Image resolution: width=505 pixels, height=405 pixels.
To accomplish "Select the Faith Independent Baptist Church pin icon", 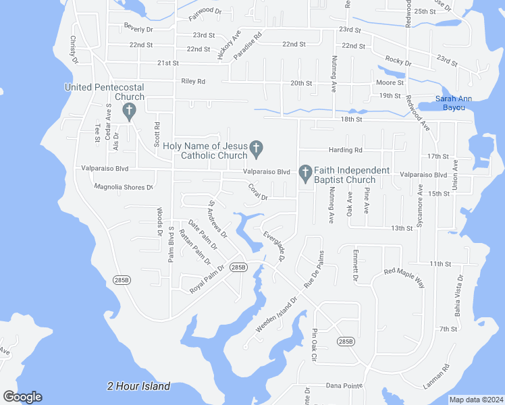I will click(x=304, y=173).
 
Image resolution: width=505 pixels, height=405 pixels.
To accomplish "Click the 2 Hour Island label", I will click(x=138, y=386).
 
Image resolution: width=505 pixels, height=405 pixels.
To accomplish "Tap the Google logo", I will click(x=22, y=397).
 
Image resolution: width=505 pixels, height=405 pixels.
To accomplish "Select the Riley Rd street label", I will click(x=193, y=81).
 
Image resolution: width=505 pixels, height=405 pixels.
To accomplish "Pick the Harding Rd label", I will click(x=346, y=150).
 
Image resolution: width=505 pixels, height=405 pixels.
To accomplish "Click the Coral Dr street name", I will click(x=258, y=192).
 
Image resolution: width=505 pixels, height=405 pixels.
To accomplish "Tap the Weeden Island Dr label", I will click(x=277, y=314).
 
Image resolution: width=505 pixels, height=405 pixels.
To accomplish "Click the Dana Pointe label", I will click(x=344, y=385).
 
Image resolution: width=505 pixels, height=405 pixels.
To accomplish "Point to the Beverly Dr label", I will click(x=138, y=29).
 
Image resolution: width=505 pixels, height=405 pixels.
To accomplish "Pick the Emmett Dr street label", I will click(x=354, y=265).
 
